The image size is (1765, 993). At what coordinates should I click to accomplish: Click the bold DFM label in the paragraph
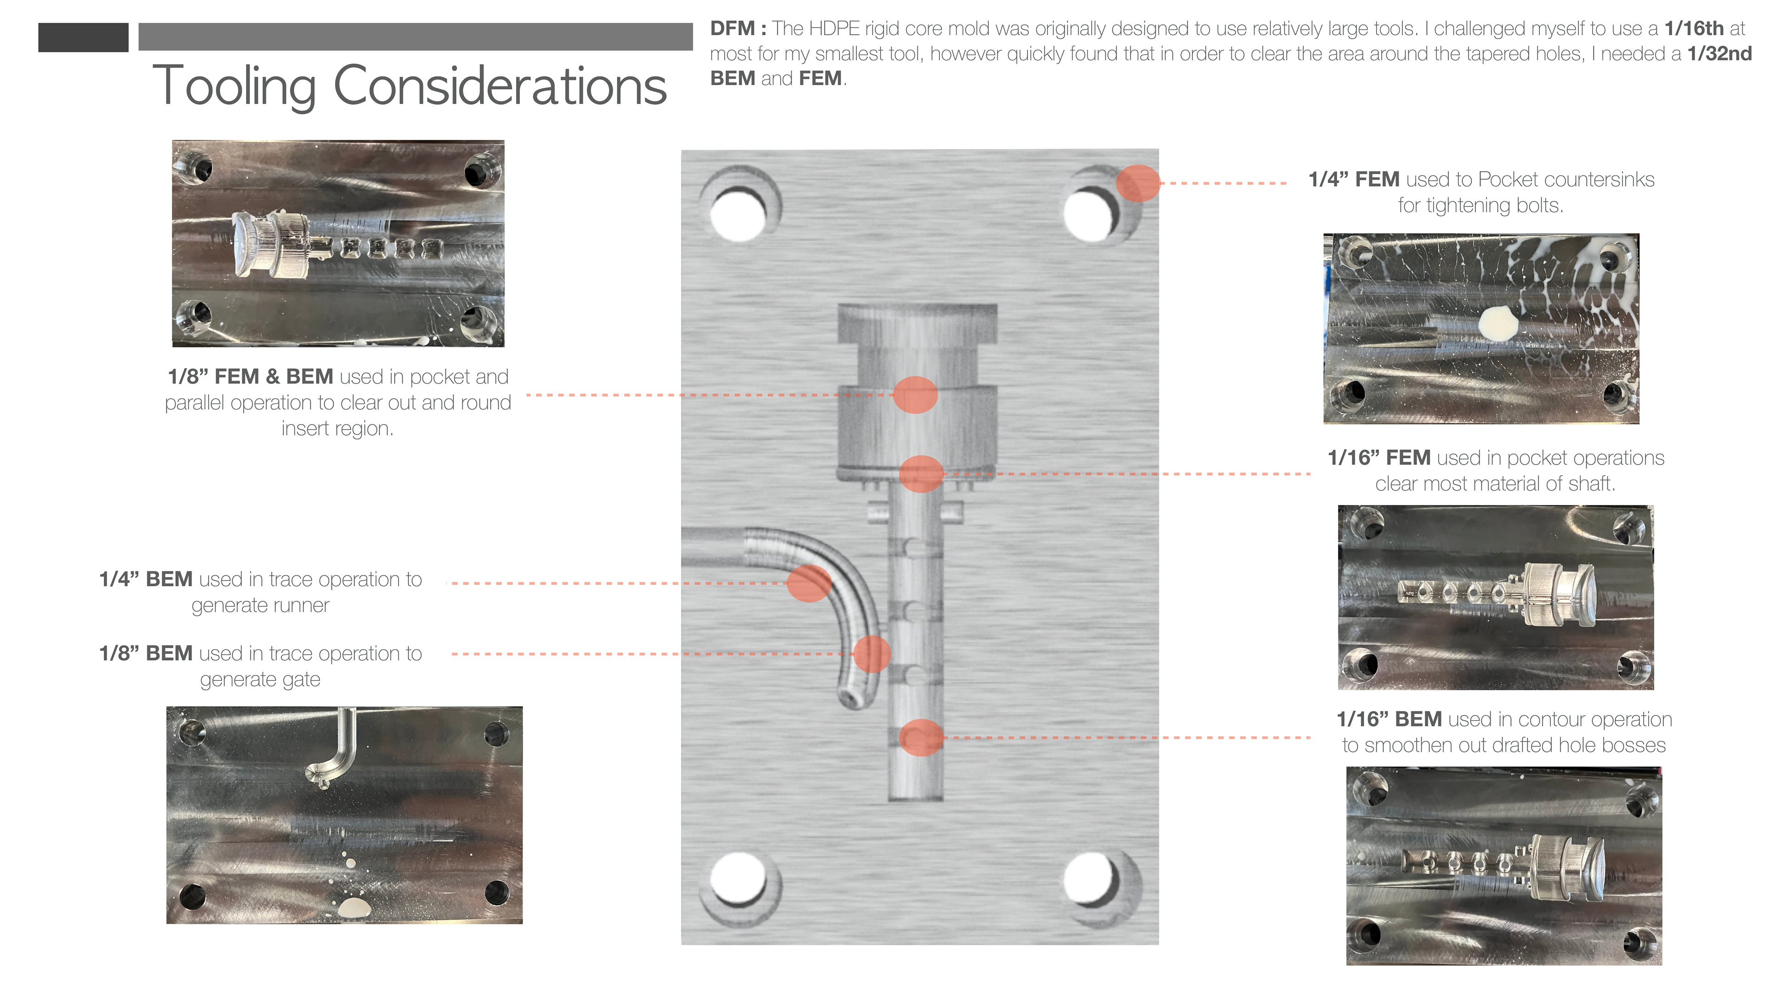[732, 29]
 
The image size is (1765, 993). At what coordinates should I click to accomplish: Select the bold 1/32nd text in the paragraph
[1719, 53]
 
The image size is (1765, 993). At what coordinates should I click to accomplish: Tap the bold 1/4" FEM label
[1353, 180]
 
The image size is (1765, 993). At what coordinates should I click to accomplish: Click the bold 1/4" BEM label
[145, 580]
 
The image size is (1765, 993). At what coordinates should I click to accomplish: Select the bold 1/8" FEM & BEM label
[250, 377]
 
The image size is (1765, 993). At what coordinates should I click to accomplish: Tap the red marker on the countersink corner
[1138, 183]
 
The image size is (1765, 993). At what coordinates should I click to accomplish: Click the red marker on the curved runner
[809, 583]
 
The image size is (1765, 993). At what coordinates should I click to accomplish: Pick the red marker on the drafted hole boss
[921, 737]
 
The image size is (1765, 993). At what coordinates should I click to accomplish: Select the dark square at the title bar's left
[83, 37]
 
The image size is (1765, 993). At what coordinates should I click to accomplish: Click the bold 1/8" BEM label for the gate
[145, 654]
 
